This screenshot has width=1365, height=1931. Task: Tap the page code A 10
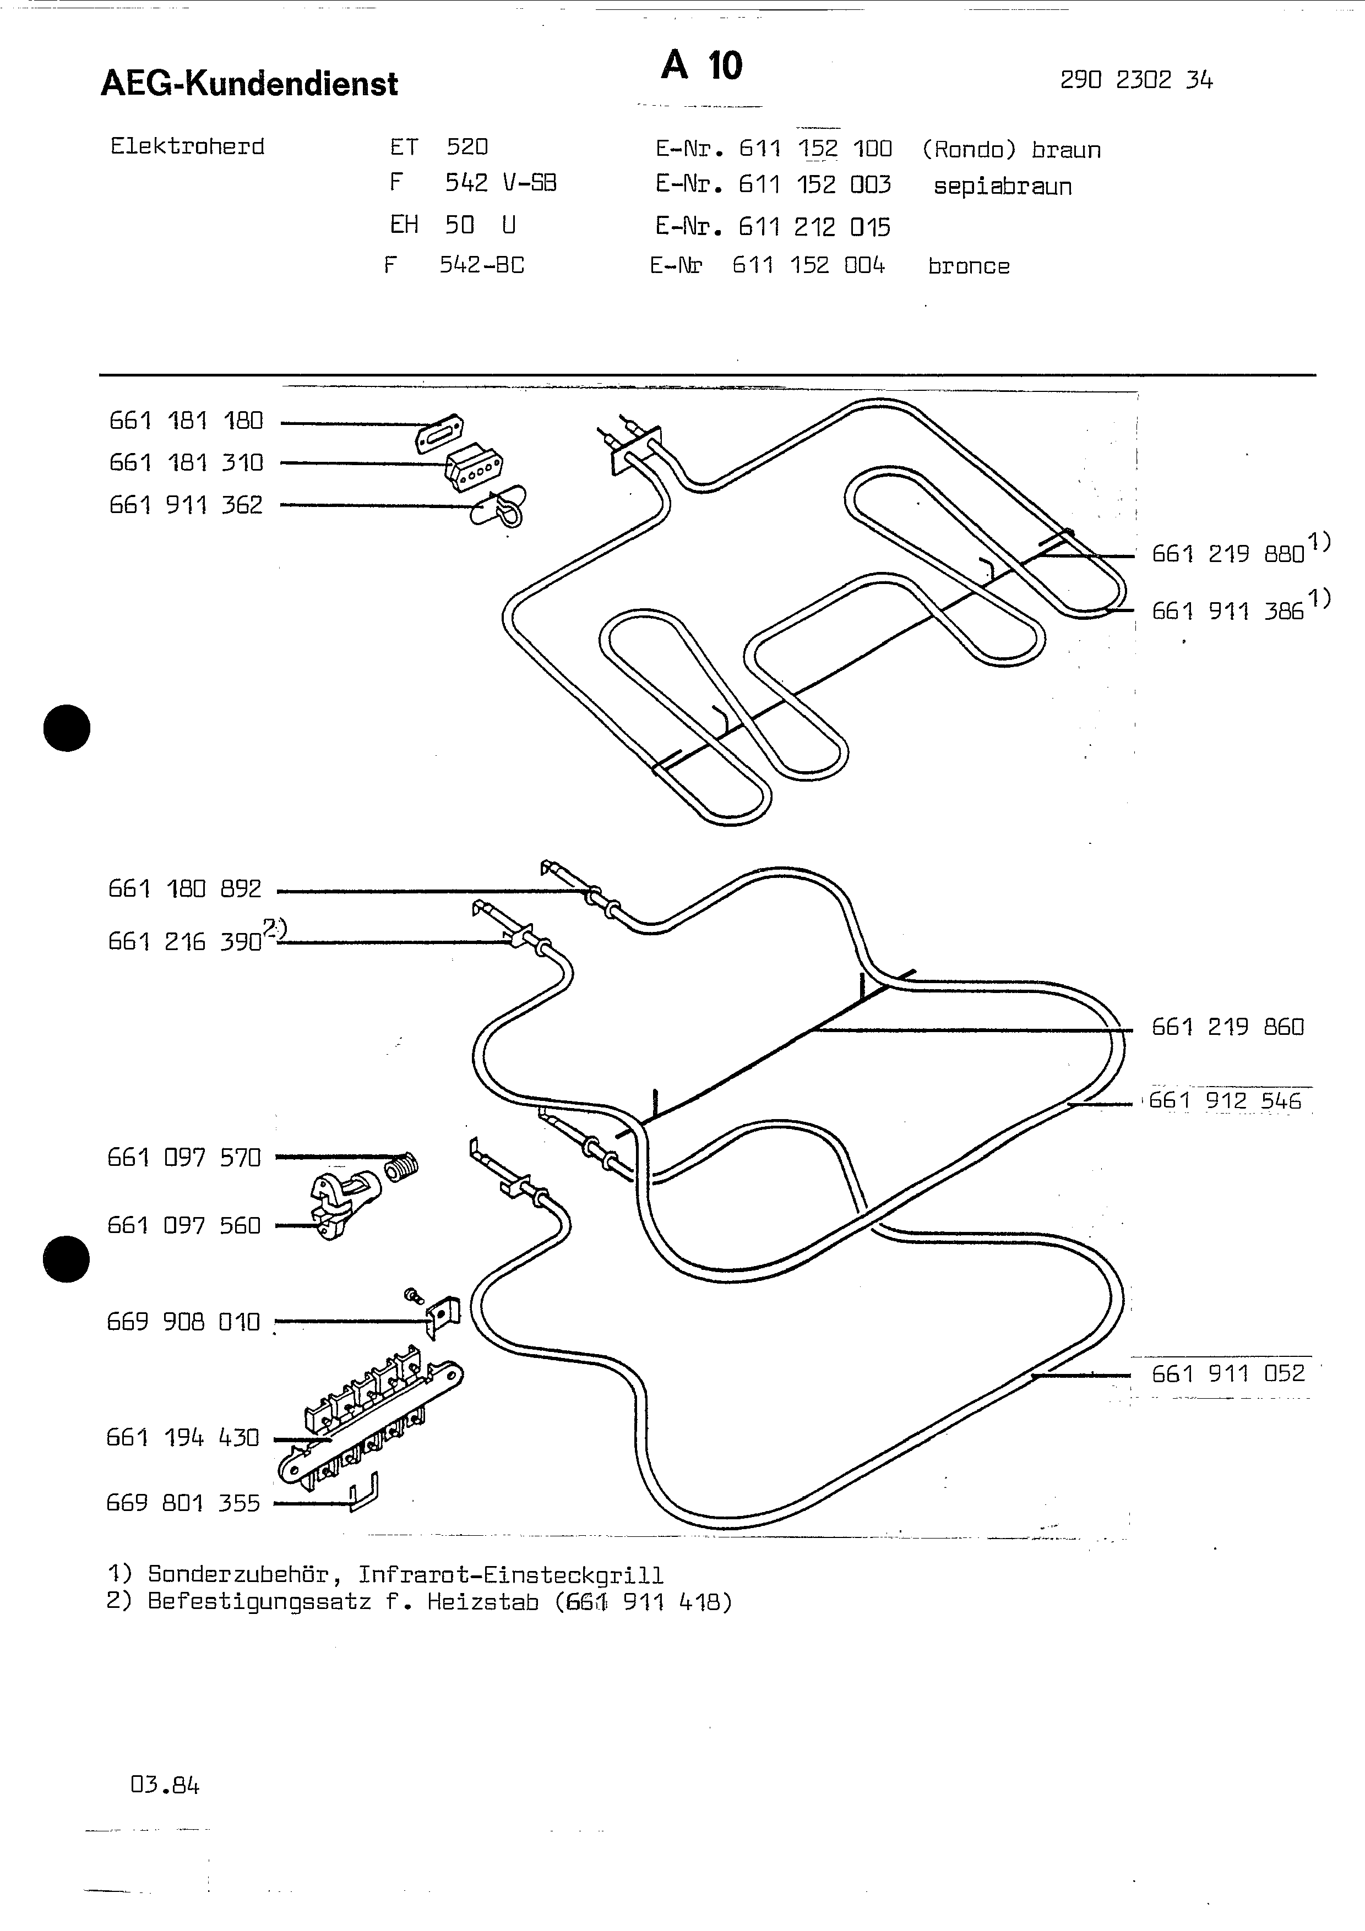pyautogui.click(x=701, y=66)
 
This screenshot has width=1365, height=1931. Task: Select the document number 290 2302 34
pyautogui.click(x=1136, y=80)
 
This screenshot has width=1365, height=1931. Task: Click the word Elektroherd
pyautogui.click(x=188, y=146)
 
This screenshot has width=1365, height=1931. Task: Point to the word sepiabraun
pyautogui.click(x=1003, y=186)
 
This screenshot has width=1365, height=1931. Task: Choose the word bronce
pyautogui.click(x=969, y=266)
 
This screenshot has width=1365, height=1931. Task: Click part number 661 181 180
pyautogui.click(x=186, y=421)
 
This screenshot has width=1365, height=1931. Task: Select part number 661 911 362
pyautogui.click(x=186, y=505)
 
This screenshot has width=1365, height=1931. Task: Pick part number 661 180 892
pyautogui.click(x=185, y=889)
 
